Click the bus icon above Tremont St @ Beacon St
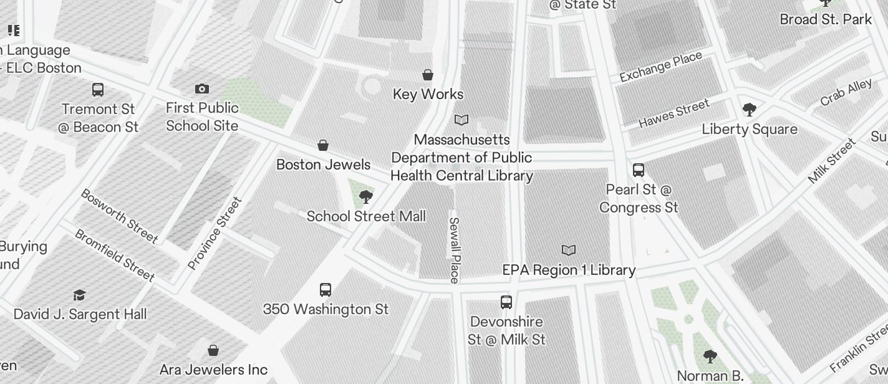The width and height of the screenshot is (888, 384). click(x=98, y=90)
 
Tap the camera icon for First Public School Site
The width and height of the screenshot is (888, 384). click(x=202, y=89)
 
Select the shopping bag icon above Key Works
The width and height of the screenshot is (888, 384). click(x=428, y=75)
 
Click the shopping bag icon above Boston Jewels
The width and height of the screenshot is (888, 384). click(x=323, y=145)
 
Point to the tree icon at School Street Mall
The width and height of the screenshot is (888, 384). click(x=366, y=198)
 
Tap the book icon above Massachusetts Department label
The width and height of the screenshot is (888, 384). click(x=461, y=120)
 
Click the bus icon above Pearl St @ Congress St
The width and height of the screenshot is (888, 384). click(x=639, y=170)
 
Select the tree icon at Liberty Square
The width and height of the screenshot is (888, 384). click(x=750, y=110)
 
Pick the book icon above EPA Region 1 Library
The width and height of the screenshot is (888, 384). click(x=569, y=250)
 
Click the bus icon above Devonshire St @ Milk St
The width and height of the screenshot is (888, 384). click(x=506, y=302)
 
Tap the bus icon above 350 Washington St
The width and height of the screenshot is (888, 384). click(x=326, y=290)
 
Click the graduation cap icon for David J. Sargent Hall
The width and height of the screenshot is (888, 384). click(x=79, y=295)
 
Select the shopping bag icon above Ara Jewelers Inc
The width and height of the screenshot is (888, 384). click(x=213, y=350)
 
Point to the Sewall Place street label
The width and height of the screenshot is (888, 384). click(x=454, y=250)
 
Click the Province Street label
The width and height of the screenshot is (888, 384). click(x=215, y=233)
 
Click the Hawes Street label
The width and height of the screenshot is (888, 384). click(x=674, y=113)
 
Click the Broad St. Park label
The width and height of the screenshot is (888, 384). click(x=826, y=19)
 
